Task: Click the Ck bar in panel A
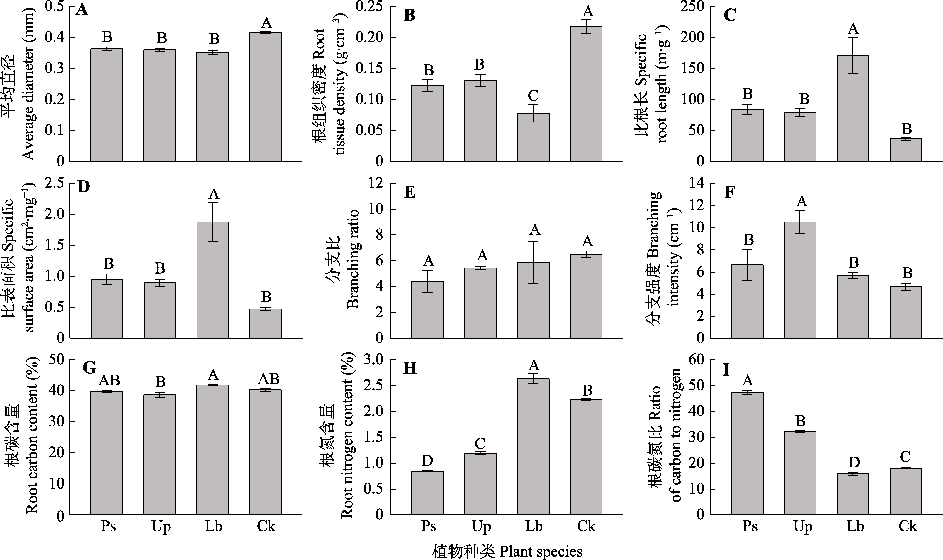[x=266, y=97]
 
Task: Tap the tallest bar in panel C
[x=853, y=108]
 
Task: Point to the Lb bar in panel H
[x=533, y=447]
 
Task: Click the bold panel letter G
[x=89, y=368]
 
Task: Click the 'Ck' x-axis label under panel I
[x=908, y=526]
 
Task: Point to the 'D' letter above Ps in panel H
[x=427, y=461]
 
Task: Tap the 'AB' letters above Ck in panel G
[x=268, y=379]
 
